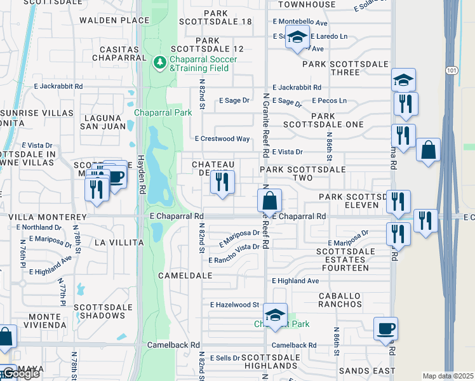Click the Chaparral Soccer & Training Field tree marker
pyautogui.click(x=160, y=62)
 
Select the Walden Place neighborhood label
pyautogui.click(x=114, y=20)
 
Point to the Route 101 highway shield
pyautogui.click(x=450, y=69)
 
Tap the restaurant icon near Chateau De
pyautogui.click(x=222, y=182)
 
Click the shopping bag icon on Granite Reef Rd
pyautogui.click(x=270, y=201)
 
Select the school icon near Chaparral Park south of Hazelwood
pyautogui.click(x=275, y=315)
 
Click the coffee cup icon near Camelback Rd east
pyautogui.click(x=385, y=329)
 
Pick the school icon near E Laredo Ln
pyautogui.click(x=297, y=37)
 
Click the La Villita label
pyautogui.click(x=116, y=243)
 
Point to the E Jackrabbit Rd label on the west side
pyautogui.click(x=60, y=86)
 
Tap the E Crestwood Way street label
pyautogui.click(x=222, y=138)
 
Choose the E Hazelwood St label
pyautogui.click(x=235, y=305)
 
